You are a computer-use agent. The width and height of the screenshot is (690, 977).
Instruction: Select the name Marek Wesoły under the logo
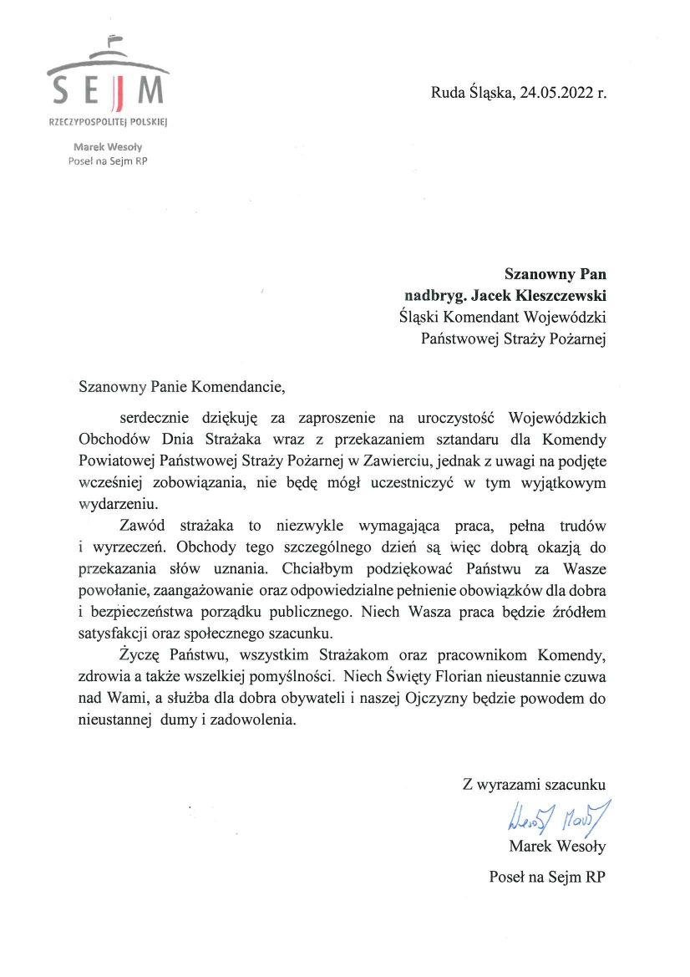[x=108, y=148]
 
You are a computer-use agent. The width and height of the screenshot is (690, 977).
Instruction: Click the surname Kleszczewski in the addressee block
[x=559, y=294]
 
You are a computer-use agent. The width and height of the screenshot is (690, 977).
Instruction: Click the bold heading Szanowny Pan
[x=555, y=272]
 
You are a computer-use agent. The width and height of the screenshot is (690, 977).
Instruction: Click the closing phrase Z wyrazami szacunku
[x=534, y=785]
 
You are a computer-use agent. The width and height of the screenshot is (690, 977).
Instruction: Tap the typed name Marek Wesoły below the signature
[x=557, y=847]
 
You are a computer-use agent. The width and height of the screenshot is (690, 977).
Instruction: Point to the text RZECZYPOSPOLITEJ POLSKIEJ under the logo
[x=109, y=123]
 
